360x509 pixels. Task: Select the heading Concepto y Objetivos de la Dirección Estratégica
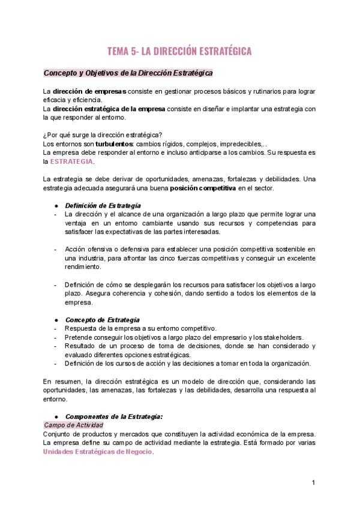pos(128,73)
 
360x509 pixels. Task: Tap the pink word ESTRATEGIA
pos(71,161)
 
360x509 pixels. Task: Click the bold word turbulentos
pos(115,144)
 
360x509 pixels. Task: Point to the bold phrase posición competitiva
pos(203,188)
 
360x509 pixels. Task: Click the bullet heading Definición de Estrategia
pos(103,205)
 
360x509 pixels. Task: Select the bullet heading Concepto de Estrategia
pos(102,319)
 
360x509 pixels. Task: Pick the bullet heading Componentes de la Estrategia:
pos(113,416)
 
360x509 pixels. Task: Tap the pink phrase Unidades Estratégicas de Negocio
pos(98,452)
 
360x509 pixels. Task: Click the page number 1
pos(313,483)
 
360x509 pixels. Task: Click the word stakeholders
pos(284,337)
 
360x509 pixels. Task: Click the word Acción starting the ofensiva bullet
pos(75,248)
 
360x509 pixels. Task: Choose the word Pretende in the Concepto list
pos(78,337)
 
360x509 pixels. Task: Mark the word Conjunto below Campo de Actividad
pos(58,434)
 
